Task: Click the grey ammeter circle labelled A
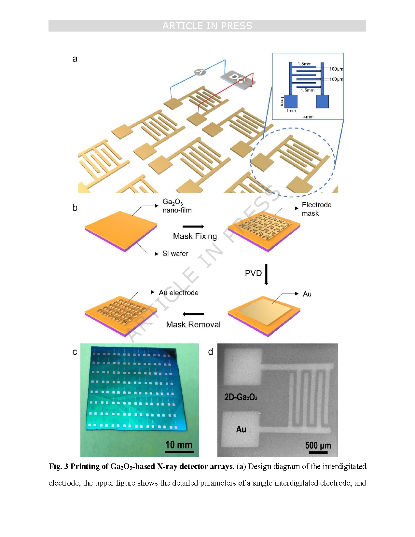[200, 72]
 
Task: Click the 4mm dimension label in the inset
[308, 117]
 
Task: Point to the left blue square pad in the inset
[291, 102]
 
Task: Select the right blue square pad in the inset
[322, 102]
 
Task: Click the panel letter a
[75, 59]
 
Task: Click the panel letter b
[75, 208]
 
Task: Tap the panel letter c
[75, 352]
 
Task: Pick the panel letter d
[211, 352]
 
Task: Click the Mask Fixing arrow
[193, 227]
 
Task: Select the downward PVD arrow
[266, 274]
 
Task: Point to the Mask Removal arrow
[193, 314]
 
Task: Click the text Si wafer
[175, 254]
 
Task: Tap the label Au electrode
[178, 293]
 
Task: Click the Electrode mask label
[316, 209]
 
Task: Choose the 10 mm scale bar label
[179, 445]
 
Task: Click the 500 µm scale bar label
[318, 445]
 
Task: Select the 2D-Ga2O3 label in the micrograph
[241, 397]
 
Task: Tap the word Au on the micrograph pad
[241, 429]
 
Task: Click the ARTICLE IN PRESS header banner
[207, 26]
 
